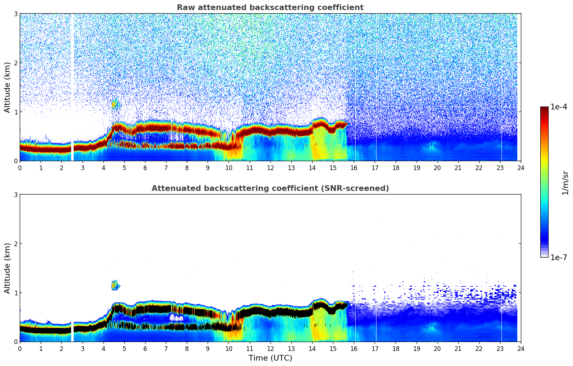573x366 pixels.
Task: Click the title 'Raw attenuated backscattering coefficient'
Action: (270, 8)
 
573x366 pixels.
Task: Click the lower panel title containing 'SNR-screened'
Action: (270, 188)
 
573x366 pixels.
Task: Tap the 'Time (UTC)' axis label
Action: (270, 358)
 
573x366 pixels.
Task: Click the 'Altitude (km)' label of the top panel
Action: (8, 87)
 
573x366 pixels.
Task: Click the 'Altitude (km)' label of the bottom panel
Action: (8, 268)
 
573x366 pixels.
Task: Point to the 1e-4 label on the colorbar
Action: (559, 107)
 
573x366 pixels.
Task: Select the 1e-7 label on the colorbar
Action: (559, 257)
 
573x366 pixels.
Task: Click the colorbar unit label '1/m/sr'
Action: (565, 183)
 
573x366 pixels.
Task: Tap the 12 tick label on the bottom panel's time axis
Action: (270, 349)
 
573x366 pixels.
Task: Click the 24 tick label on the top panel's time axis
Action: (521, 168)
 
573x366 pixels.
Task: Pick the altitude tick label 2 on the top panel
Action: (16, 63)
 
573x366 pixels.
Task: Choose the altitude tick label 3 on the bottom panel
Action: (16, 194)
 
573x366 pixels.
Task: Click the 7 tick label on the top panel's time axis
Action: (166, 168)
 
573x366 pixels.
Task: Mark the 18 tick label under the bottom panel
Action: (396, 349)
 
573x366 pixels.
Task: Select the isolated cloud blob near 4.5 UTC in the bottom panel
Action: (115, 286)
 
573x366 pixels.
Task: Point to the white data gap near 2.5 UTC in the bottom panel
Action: (72, 332)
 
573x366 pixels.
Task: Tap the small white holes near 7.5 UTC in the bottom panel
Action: (176, 318)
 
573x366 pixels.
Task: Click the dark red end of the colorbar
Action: (544, 109)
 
